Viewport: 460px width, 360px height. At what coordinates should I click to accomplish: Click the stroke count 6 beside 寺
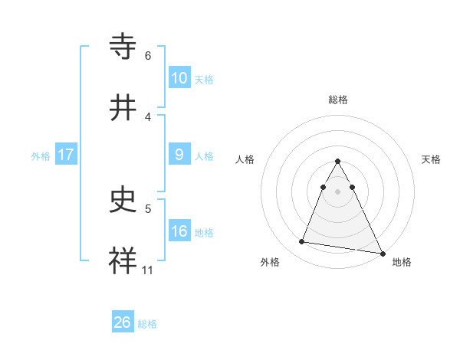click(x=148, y=56)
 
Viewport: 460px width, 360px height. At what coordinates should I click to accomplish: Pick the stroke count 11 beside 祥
click(x=148, y=270)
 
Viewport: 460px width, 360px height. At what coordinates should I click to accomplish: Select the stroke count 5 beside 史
click(x=148, y=208)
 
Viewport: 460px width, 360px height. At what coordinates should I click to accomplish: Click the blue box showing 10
click(x=179, y=78)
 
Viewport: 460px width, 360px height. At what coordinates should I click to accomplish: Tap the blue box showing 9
click(x=179, y=155)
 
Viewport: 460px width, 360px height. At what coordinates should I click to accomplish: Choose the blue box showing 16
click(x=179, y=231)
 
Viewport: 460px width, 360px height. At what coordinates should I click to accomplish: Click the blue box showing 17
click(x=66, y=155)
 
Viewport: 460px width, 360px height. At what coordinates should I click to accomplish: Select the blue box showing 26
click(x=122, y=322)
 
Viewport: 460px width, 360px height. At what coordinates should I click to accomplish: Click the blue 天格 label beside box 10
click(x=203, y=80)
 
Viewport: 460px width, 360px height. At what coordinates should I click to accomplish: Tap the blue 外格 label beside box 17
click(x=41, y=156)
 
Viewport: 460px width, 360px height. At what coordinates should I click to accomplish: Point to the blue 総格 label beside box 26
click(x=147, y=324)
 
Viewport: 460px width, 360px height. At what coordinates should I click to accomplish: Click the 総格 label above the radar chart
click(x=338, y=100)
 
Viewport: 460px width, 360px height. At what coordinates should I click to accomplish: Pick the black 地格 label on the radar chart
click(x=402, y=262)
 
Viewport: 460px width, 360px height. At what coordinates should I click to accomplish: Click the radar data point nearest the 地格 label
click(x=382, y=253)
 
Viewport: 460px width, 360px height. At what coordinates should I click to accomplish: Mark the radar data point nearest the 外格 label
click(x=302, y=242)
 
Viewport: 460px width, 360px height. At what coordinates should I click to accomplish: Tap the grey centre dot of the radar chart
click(x=338, y=191)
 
